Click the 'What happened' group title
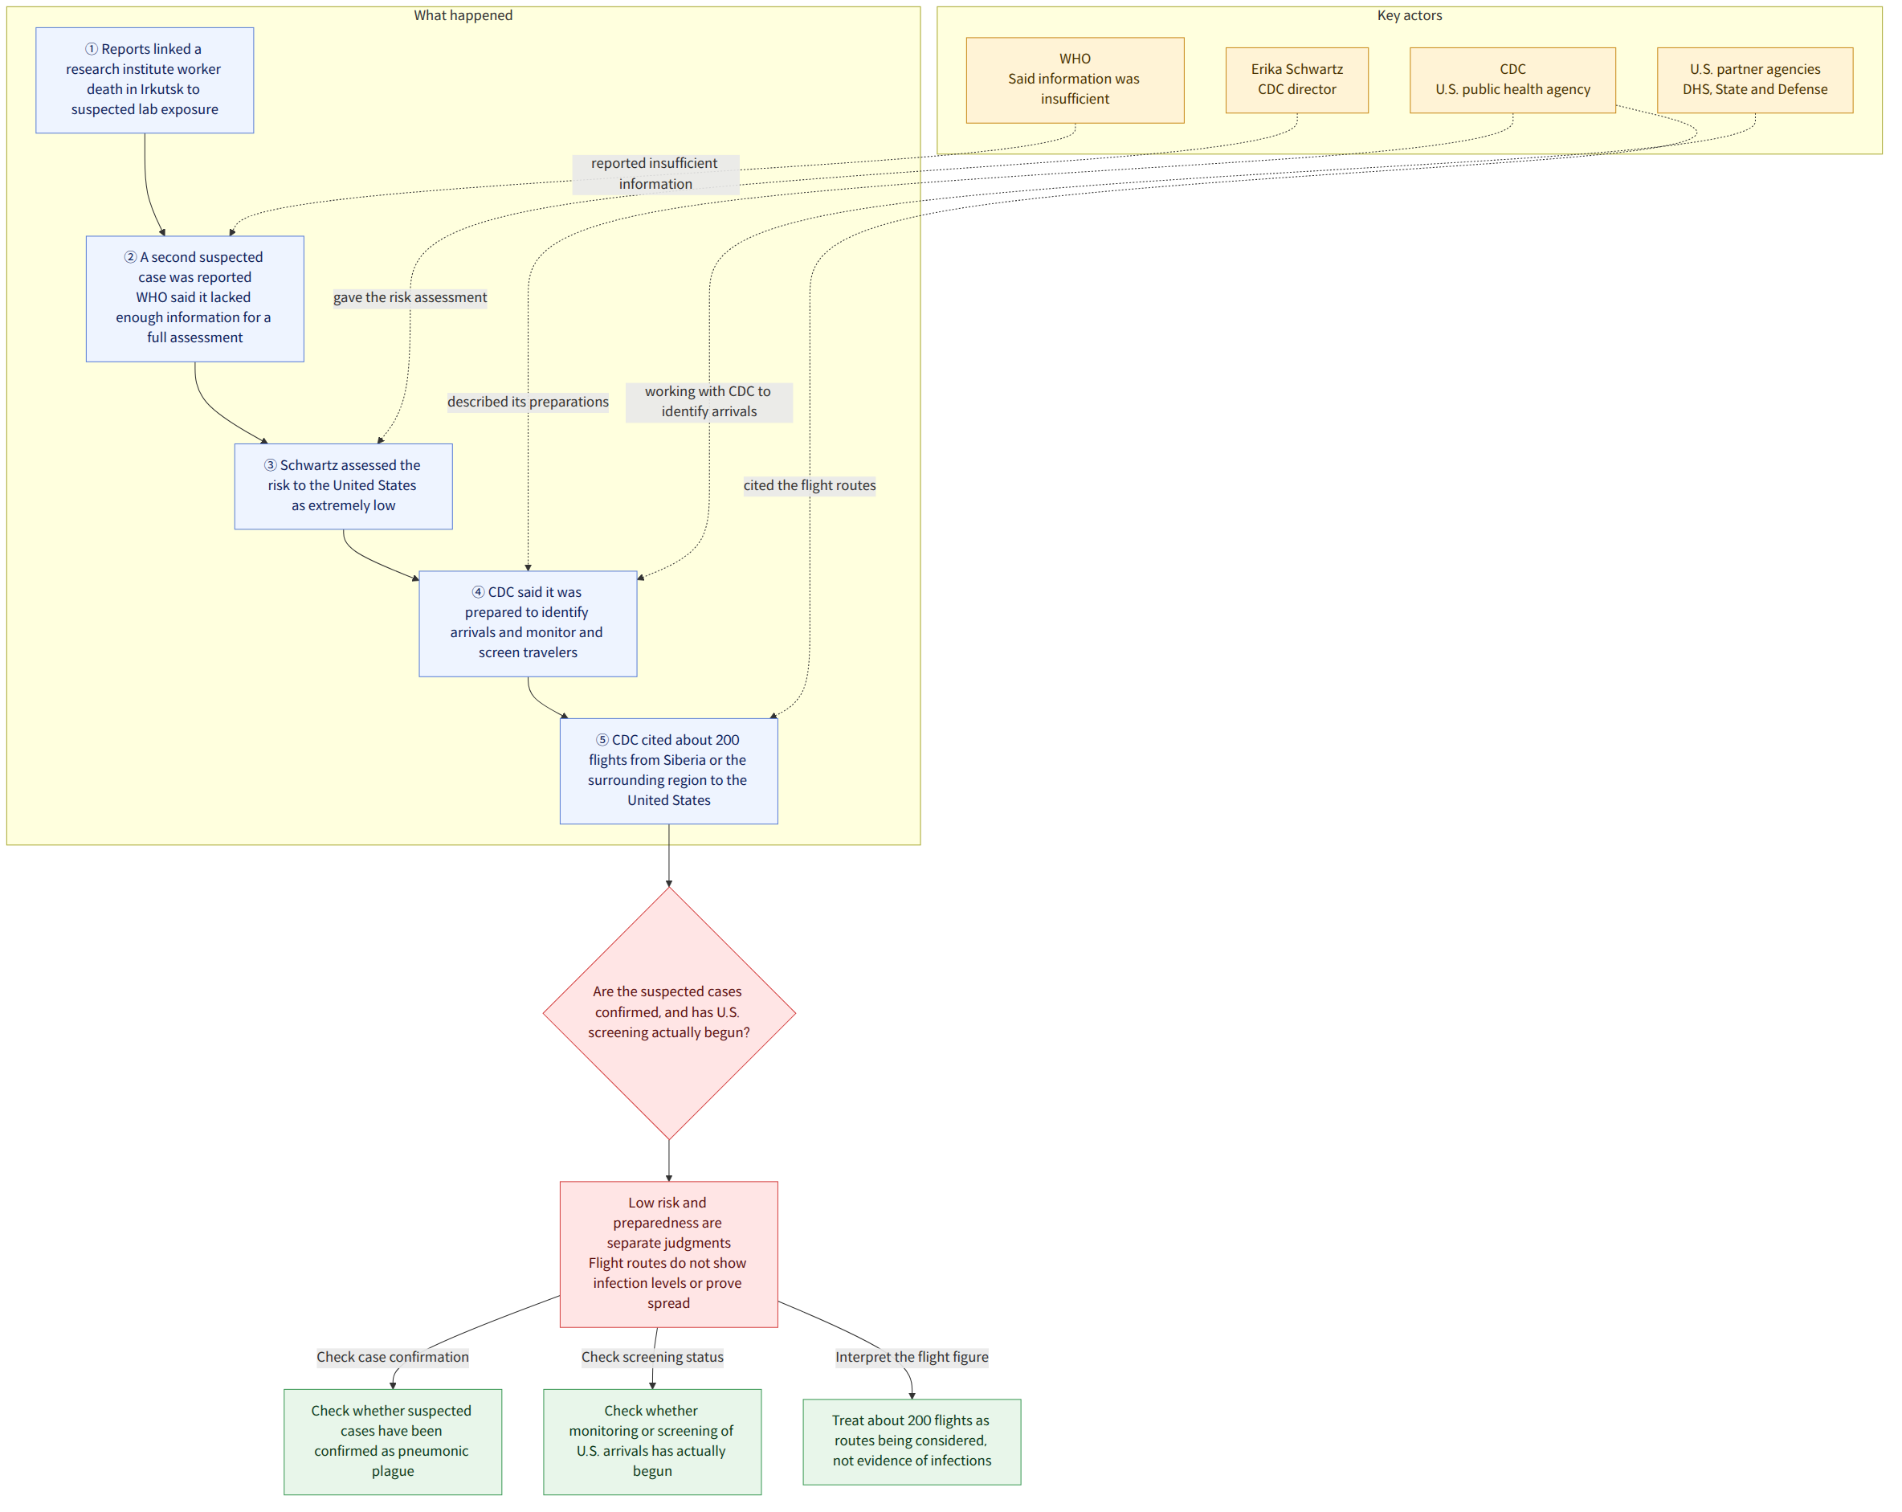coord(463,15)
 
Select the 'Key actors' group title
coord(1410,15)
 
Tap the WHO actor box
coord(1075,80)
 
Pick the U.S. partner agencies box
coord(1755,80)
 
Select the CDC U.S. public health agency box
coord(1512,80)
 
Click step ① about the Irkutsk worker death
coord(145,80)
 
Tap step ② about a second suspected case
coord(195,298)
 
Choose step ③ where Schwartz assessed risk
coord(343,486)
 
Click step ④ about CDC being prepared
coord(528,623)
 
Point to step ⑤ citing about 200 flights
coord(669,771)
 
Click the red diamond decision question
coord(669,1013)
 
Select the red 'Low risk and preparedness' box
coord(669,1253)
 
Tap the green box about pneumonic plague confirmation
coord(393,1441)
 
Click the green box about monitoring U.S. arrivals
coord(652,1441)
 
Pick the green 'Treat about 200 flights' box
coord(912,1441)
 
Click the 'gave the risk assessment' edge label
coord(410,297)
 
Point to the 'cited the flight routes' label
coord(809,485)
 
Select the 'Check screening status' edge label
coord(652,1357)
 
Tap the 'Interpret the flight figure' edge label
coord(912,1357)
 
